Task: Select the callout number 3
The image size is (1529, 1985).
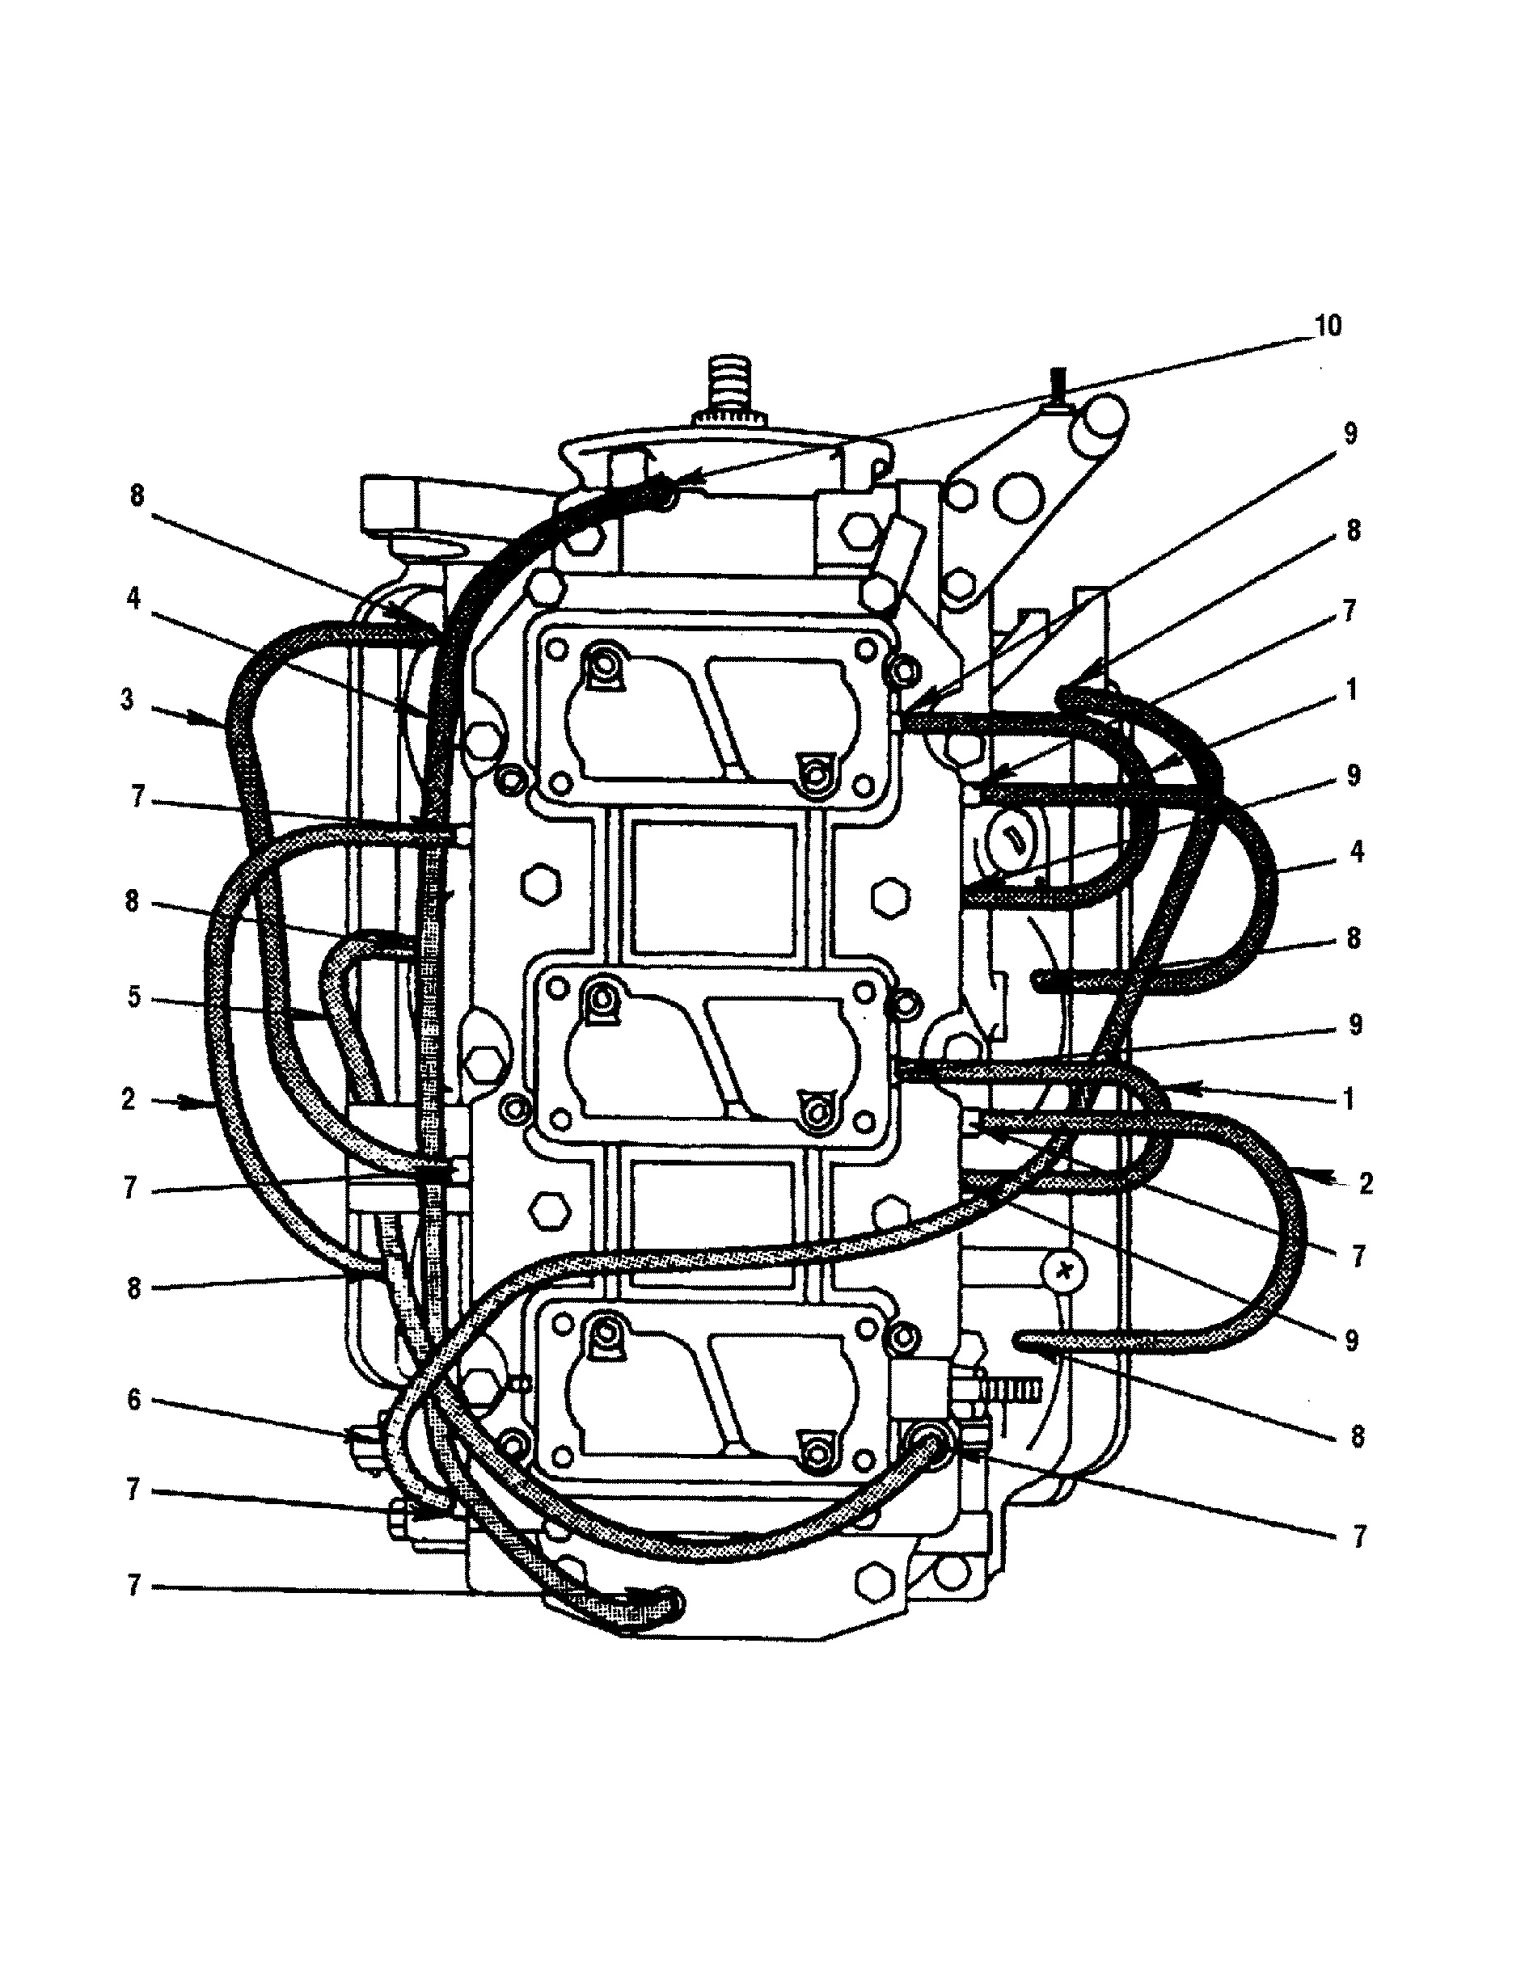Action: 127,700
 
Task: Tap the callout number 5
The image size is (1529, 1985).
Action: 133,998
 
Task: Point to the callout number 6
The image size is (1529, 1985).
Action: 133,1400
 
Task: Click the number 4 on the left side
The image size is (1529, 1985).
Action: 133,600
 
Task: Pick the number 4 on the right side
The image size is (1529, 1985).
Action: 1356,852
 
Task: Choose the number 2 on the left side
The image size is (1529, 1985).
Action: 129,1100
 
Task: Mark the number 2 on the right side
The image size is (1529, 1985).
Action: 1366,1183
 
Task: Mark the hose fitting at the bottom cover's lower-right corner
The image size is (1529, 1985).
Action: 929,1445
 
